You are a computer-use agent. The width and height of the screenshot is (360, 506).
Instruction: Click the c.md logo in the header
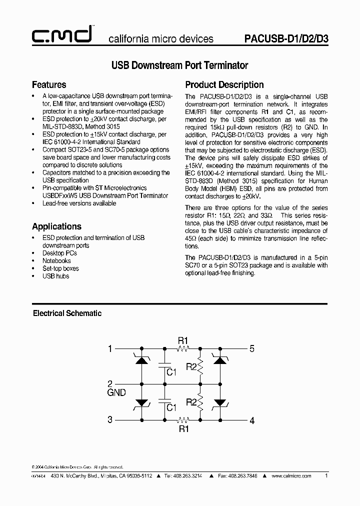point(61,35)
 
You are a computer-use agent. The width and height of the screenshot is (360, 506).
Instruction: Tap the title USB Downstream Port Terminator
point(179,65)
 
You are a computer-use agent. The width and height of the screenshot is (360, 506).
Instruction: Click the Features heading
point(49,84)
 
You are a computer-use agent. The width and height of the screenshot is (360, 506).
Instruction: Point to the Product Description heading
point(224,84)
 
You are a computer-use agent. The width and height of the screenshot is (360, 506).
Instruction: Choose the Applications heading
point(56,226)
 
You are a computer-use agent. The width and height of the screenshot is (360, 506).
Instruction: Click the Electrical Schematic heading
point(67,313)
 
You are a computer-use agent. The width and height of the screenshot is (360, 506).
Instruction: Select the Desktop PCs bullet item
point(59,253)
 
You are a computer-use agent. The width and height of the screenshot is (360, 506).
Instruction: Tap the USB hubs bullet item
point(55,276)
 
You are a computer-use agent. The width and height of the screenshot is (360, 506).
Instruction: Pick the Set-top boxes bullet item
point(60,268)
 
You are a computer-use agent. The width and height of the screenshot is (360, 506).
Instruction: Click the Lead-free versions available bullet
point(79,203)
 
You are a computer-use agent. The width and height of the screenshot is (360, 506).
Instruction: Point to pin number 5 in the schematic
point(252,348)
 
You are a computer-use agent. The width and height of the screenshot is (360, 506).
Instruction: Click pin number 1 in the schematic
point(110,348)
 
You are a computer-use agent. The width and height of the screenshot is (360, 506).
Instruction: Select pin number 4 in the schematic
point(252,421)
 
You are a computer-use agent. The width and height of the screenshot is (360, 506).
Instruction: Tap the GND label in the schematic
point(116,393)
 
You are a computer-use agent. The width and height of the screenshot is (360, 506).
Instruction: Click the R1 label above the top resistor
point(183,340)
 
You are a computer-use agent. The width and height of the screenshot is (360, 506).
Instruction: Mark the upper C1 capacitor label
point(171,372)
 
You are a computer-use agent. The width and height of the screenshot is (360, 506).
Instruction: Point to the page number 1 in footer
point(326,476)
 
